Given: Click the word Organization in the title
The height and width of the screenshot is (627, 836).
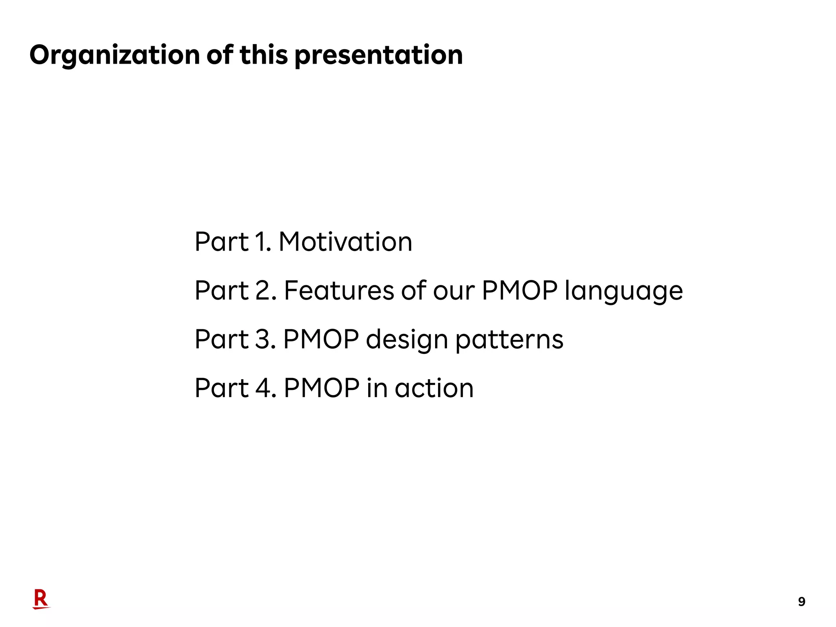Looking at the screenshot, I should (115, 55).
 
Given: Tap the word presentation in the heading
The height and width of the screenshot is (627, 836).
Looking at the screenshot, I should (378, 55).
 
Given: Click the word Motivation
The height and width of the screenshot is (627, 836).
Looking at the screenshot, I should (345, 242).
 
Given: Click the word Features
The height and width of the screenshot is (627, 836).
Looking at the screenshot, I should (339, 291).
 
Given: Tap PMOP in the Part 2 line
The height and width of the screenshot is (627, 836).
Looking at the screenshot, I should (519, 291).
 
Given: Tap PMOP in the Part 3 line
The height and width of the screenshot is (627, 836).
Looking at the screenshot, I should (321, 339).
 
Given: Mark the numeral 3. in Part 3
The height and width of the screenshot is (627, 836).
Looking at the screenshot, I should (266, 339).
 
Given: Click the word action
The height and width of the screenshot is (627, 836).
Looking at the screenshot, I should (434, 388).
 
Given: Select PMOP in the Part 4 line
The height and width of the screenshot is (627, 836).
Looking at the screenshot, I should (322, 388).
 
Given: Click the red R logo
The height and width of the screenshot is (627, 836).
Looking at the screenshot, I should (41, 599).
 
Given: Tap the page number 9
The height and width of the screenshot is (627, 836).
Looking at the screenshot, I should (801, 602).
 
